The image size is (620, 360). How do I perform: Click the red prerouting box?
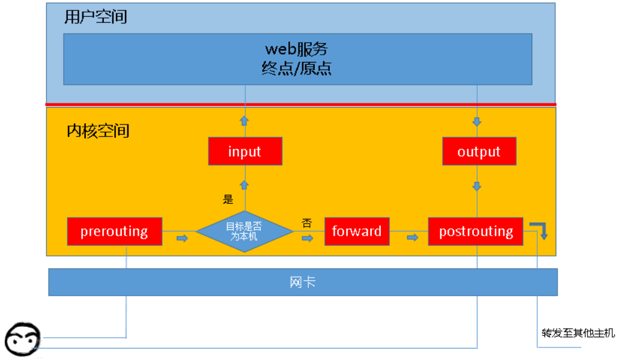114,231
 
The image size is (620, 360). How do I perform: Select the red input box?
245,151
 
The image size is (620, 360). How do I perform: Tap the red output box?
479,151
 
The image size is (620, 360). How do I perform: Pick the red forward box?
356,231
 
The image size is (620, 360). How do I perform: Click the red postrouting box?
475,231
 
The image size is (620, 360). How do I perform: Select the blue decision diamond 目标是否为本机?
245,231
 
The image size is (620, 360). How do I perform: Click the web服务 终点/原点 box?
297,58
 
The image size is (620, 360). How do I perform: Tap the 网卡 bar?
303,282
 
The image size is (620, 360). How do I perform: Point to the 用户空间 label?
96,17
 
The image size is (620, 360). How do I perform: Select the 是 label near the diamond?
228,200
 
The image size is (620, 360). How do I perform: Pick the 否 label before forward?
306,223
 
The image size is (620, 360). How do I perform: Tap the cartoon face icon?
22,338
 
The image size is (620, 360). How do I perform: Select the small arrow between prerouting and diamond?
181,238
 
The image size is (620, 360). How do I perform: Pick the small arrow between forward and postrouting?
412,238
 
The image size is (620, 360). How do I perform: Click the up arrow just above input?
245,121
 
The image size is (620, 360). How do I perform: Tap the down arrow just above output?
478,121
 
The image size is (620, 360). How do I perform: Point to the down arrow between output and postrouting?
478,186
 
